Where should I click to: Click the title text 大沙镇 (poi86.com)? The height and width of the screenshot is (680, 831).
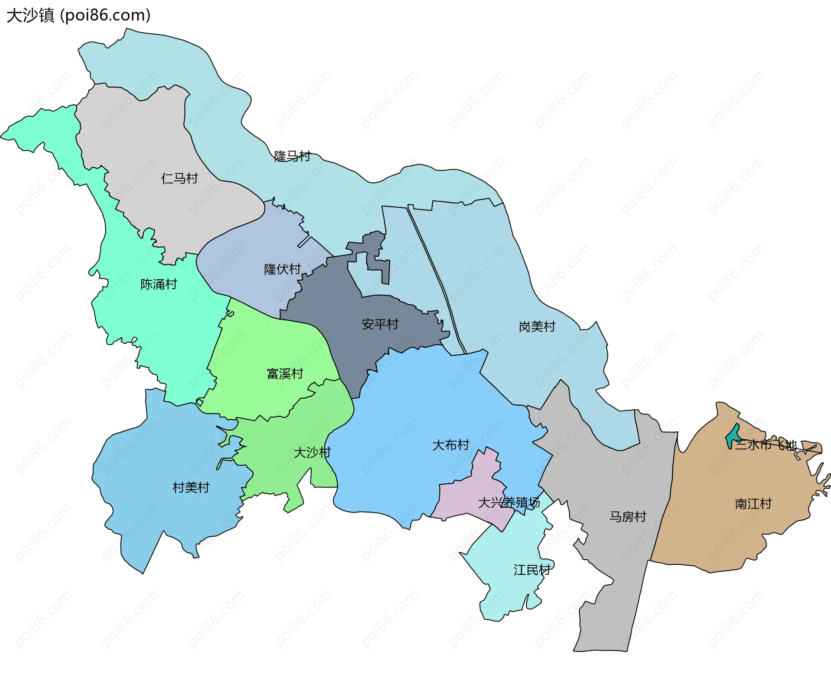78,15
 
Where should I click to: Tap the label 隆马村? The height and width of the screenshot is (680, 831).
292,156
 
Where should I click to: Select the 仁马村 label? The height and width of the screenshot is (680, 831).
179,178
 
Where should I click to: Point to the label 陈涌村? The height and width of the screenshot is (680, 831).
159,284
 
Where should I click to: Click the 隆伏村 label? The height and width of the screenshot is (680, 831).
282,269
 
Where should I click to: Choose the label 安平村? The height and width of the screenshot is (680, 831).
380,324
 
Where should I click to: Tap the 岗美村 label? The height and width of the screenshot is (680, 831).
537,327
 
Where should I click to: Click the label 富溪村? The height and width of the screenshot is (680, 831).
285,374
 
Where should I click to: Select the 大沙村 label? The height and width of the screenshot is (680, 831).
312,453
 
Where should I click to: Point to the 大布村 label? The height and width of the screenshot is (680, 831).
451,445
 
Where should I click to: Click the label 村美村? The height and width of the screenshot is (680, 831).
191,488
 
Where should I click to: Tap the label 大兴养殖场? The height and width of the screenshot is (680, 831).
509,503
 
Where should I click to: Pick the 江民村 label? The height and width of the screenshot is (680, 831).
532,570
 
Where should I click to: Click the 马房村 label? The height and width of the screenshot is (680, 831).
628,517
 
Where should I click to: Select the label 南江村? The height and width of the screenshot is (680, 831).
753,504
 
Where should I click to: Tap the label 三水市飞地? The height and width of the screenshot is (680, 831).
766,445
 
